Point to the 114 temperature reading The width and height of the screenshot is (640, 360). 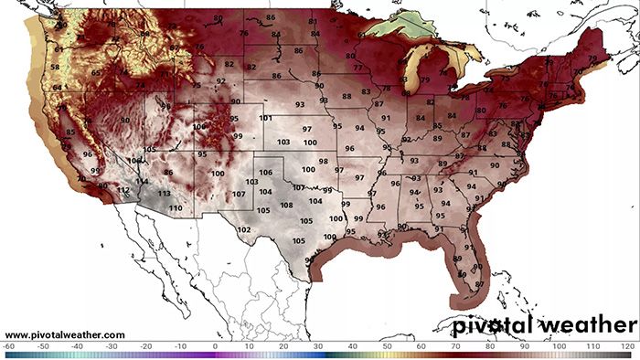(x=142, y=181)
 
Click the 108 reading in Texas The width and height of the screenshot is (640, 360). (x=286, y=206)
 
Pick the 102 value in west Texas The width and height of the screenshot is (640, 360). (x=243, y=229)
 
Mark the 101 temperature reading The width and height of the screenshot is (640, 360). (x=265, y=119)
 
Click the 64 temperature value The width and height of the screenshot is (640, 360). (x=59, y=88)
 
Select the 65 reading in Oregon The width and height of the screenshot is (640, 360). (x=96, y=72)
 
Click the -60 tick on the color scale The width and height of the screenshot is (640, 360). (x=8, y=346)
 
